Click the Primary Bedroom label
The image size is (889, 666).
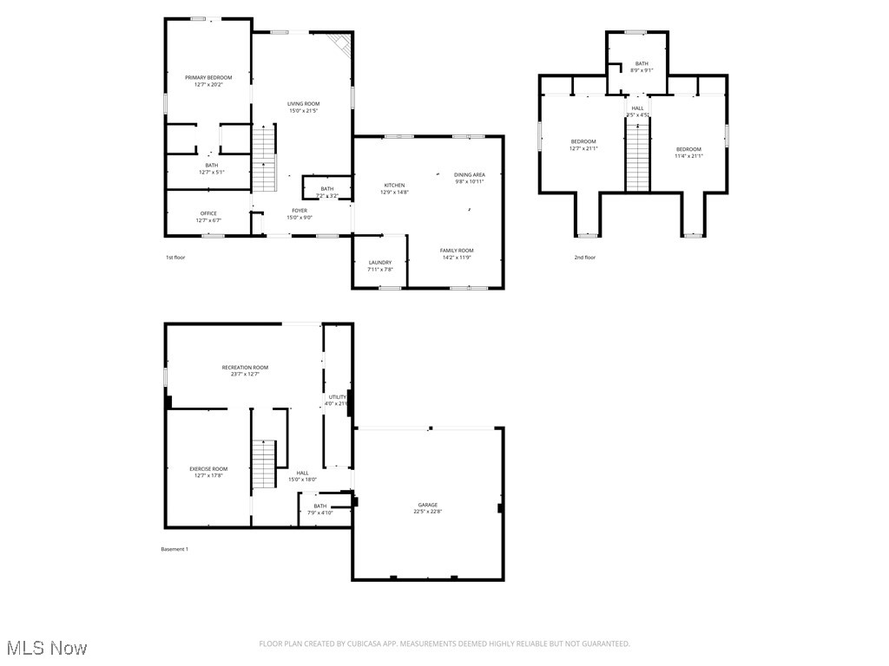(x=208, y=78)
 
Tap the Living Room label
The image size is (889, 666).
(x=304, y=104)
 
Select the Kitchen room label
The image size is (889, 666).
(x=395, y=186)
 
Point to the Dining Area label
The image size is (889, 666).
(x=469, y=175)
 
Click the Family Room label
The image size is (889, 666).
(x=457, y=251)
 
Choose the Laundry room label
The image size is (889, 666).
(x=379, y=263)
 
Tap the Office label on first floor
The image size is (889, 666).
(x=208, y=213)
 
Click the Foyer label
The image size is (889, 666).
(x=299, y=210)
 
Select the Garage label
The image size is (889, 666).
(x=427, y=505)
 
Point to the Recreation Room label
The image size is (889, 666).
(x=245, y=368)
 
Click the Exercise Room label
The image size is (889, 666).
(x=208, y=469)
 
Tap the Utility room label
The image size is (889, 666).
(x=337, y=397)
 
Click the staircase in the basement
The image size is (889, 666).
(x=263, y=464)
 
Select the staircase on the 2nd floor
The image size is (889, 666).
(x=638, y=156)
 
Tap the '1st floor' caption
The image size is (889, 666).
(x=175, y=258)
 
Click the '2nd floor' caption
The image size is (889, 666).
(x=584, y=258)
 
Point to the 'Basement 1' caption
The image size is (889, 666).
(x=175, y=549)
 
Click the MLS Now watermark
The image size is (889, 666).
(x=45, y=648)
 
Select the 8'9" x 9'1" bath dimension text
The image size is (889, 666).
(x=642, y=70)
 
